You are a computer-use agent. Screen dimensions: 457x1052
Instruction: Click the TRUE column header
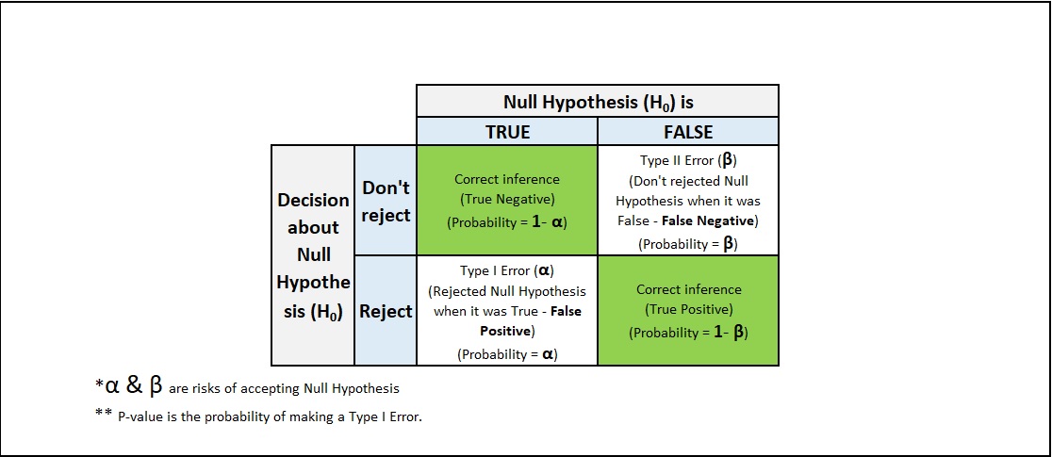click(507, 132)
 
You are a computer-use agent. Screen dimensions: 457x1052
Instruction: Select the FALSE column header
click(688, 132)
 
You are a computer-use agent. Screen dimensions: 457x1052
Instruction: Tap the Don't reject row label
click(386, 201)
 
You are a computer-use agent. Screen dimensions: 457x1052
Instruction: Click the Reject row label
click(386, 311)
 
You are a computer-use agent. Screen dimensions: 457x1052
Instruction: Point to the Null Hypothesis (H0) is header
click(598, 102)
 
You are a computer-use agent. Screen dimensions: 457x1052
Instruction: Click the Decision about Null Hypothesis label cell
click(313, 255)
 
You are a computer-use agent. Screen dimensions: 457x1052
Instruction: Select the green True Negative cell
click(507, 201)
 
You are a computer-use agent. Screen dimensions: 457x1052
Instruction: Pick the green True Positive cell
click(688, 311)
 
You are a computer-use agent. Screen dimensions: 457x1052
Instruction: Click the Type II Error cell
click(688, 201)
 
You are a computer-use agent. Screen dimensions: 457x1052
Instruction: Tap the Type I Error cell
click(507, 311)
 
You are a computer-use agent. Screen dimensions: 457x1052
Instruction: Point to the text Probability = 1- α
click(507, 223)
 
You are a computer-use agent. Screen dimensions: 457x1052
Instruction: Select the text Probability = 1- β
click(688, 333)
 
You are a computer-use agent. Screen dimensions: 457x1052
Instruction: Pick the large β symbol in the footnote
click(156, 386)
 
